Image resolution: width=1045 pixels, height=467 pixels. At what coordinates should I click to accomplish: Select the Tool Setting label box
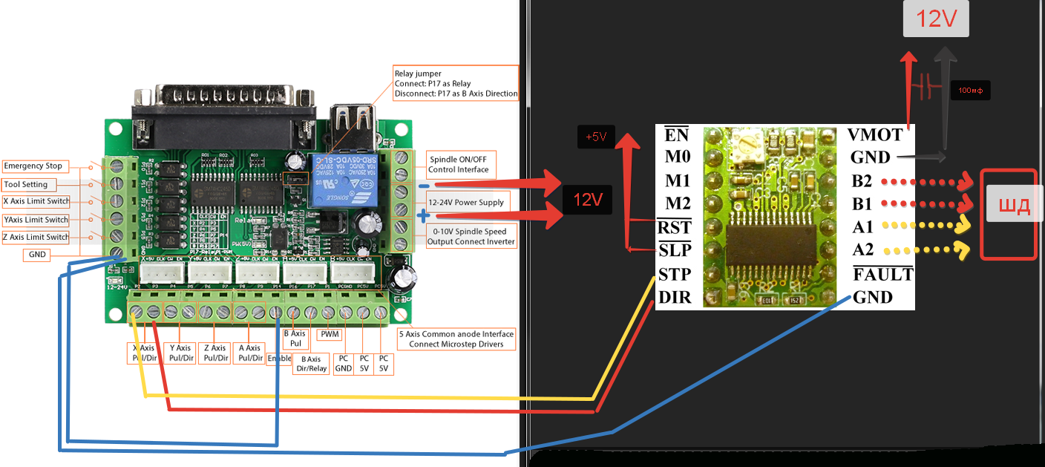click(x=27, y=184)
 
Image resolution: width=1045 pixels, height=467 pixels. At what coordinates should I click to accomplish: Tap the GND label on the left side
click(x=37, y=255)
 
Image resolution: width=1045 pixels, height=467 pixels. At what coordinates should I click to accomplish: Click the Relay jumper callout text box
click(x=455, y=84)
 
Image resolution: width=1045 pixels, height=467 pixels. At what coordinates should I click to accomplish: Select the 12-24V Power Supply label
click(x=466, y=202)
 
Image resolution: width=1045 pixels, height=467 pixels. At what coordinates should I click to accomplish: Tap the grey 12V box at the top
click(x=936, y=19)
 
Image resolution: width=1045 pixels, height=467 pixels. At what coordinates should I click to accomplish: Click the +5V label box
click(x=596, y=137)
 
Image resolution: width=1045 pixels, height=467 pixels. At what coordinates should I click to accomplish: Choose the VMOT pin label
click(x=875, y=135)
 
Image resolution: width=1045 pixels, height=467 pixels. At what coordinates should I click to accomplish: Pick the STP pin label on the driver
click(x=675, y=275)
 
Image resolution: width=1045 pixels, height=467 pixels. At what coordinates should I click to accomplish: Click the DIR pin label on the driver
click(x=675, y=298)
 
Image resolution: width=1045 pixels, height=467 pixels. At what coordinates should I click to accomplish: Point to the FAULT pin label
click(x=882, y=275)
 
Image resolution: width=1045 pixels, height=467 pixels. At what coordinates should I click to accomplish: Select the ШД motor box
click(x=1009, y=207)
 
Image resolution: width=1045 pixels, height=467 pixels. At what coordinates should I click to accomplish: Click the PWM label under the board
click(x=329, y=334)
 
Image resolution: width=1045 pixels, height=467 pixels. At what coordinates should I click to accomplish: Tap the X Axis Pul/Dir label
click(x=143, y=353)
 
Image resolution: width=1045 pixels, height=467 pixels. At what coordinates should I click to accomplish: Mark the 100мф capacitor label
click(x=971, y=91)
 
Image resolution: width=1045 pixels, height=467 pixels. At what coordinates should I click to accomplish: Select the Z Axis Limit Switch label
click(x=36, y=238)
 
